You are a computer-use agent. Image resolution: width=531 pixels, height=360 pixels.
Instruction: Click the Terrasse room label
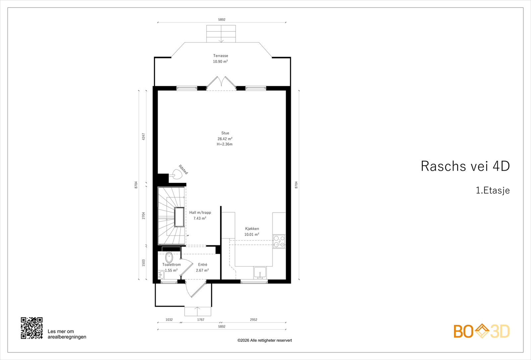pyautogui.click(x=220, y=56)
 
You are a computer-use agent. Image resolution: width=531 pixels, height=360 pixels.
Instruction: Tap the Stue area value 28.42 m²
pyautogui.click(x=225, y=139)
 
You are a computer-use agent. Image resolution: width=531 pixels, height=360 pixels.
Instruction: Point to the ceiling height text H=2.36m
pyautogui.click(x=224, y=144)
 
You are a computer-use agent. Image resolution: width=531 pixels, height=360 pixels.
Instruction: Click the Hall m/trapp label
pyautogui.click(x=200, y=213)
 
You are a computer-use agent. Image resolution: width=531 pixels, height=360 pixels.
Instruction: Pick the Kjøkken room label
pyautogui.click(x=252, y=229)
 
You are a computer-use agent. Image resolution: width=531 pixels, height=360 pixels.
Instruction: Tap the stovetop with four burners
pyautogui.click(x=279, y=242)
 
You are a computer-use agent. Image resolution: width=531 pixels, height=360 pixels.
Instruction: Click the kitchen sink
pyautogui.click(x=260, y=272)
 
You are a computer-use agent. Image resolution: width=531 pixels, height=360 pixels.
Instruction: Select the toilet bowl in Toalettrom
pyautogui.click(x=169, y=257)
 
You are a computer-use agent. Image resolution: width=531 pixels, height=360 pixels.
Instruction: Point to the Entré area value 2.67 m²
pyautogui.click(x=202, y=270)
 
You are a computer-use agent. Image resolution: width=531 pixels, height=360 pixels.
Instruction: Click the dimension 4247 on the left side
pyautogui.click(x=143, y=136)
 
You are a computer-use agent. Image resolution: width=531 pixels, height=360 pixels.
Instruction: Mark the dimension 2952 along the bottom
pyautogui.click(x=254, y=320)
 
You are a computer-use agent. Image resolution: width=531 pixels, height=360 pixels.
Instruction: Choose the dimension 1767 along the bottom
pyautogui.click(x=200, y=320)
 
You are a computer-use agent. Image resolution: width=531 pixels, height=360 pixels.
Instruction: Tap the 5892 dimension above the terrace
pyautogui.click(x=222, y=20)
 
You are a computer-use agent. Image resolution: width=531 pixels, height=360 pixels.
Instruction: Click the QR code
pyautogui.click(x=32, y=328)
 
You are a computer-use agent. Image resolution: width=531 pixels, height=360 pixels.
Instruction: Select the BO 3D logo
pyautogui.click(x=482, y=331)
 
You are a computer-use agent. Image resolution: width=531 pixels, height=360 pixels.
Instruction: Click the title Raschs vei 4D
pyautogui.click(x=465, y=166)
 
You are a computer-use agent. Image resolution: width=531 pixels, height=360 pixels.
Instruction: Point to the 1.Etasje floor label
pyautogui.click(x=493, y=190)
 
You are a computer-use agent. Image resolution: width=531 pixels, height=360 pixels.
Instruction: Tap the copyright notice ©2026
pyautogui.click(x=265, y=340)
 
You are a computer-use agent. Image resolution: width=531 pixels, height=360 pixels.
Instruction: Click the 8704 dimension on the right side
pyautogui.click(x=296, y=185)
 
